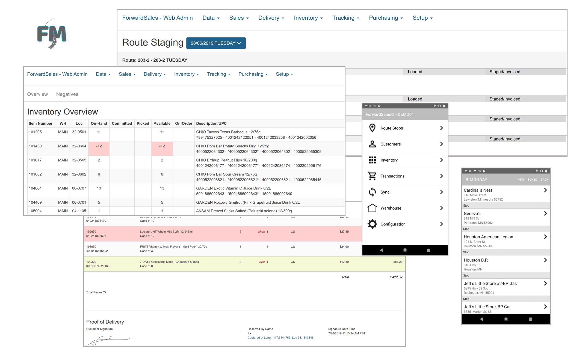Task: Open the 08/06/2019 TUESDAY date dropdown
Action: pyautogui.click(x=216, y=43)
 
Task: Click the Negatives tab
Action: pyautogui.click(x=67, y=94)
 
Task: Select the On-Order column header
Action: pyautogui.click(x=184, y=123)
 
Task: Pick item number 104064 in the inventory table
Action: pyautogui.click(x=35, y=188)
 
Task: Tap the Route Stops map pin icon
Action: pyautogui.click(x=372, y=128)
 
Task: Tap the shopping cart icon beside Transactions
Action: pyautogui.click(x=372, y=176)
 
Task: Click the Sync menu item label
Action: pyautogui.click(x=385, y=192)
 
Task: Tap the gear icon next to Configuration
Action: pyautogui.click(x=372, y=224)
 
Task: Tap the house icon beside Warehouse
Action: pyautogui.click(x=372, y=208)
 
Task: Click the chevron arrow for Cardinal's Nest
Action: pyautogui.click(x=545, y=190)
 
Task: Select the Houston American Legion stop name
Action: pyautogui.click(x=488, y=237)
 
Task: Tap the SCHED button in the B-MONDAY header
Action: pyautogui.click(x=532, y=180)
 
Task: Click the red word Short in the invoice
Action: pyautogui.click(x=261, y=232)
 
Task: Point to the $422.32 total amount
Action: pyautogui.click(x=396, y=277)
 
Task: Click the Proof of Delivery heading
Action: pyautogui.click(x=105, y=322)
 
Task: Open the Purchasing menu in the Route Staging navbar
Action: pyautogui.click(x=386, y=18)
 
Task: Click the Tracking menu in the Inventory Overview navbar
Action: pyautogui.click(x=218, y=74)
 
